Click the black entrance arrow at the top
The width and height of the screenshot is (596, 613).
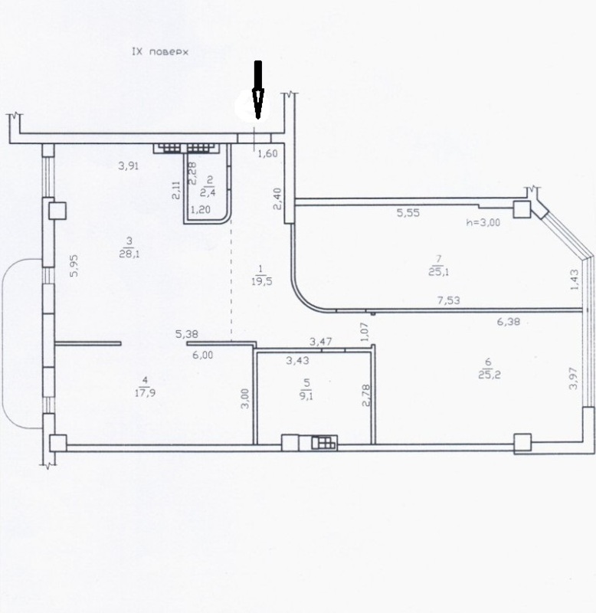[258, 90]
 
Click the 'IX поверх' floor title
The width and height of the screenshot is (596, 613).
[160, 51]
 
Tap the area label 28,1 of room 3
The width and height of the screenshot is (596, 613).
[129, 254]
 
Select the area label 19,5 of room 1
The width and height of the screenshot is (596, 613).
[261, 281]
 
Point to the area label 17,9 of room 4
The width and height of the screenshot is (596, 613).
[145, 392]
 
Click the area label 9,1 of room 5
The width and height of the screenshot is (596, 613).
[306, 395]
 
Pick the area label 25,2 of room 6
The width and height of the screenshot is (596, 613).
[490, 375]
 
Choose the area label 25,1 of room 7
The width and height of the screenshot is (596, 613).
[438, 271]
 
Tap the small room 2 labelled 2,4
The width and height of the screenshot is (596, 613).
[208, 186]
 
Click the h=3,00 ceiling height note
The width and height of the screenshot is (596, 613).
[483, 222]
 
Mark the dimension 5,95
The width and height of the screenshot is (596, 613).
[74, 266]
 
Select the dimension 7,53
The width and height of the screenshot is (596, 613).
[449, 300]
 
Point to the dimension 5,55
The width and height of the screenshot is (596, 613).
[408, 213]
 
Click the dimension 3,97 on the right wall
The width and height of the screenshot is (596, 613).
[573, 378]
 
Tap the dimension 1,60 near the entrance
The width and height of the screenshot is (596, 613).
[267, 153]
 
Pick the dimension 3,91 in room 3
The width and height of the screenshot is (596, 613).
[129, 166]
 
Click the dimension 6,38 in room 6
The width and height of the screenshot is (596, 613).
[509, 321]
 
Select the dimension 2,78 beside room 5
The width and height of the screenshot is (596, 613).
[366, 395]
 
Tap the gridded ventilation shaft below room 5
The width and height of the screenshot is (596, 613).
[324, 443]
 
